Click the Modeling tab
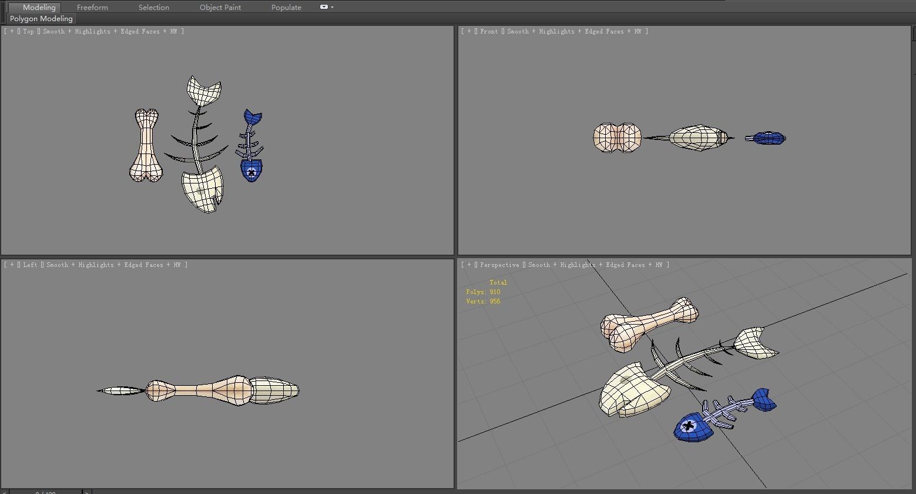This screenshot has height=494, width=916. pos(39,8)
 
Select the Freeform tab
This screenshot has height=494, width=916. pos(92,8)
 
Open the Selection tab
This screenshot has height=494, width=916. pos(153,8)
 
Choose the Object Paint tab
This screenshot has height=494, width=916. pos(220,8)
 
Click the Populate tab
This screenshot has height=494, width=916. pos(286,8)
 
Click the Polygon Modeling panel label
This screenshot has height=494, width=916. pos(41,19)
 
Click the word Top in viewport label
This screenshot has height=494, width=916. pos(28,32)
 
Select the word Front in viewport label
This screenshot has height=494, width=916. pos(489,32)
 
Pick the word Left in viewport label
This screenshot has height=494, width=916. pos(30,265)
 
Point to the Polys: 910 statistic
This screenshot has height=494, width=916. pos(483,292)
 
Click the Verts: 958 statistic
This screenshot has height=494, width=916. pos(483,301)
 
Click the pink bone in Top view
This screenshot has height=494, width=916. pos(145,145)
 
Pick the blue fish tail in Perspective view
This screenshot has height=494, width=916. pos(762,400)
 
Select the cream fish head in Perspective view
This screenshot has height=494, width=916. pos(632,389)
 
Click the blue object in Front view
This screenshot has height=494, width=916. pos(767,138)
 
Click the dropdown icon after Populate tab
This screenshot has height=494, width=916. pos(326,8)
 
